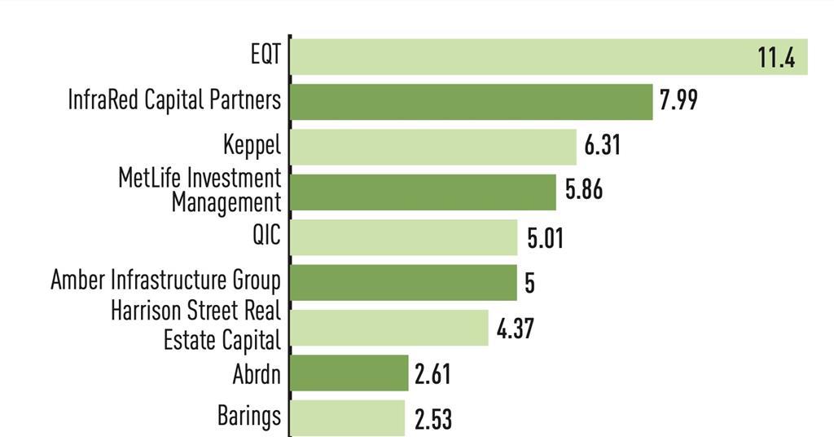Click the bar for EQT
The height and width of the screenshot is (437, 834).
click(x=521, y=57)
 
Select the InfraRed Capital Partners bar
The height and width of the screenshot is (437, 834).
click(x=472, y=102)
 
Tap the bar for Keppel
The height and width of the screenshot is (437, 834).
click(x=433, y=147)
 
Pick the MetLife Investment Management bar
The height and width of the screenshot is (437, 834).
click(x=423, y=192)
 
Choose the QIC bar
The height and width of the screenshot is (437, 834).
click(x=404, y=237)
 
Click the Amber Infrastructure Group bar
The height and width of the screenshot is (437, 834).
click(x=403, y=282)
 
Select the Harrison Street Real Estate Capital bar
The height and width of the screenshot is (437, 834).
click(x=389, y=327)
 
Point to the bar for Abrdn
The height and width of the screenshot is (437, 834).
click(x=349, y=373)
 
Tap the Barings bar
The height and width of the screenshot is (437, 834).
click(x=348, y=417)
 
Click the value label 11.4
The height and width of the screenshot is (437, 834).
click(x=775, y=59)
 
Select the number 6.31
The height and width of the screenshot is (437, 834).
click(x=602, y=147)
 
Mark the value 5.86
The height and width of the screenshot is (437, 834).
click(x=584, y=191)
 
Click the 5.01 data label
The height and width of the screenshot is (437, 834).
click(x=545, y=239)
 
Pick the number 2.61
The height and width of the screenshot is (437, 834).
click(x=432, y=374)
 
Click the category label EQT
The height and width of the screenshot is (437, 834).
click(x=266, y=55)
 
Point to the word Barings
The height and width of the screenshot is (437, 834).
click(x=248, y=416)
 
